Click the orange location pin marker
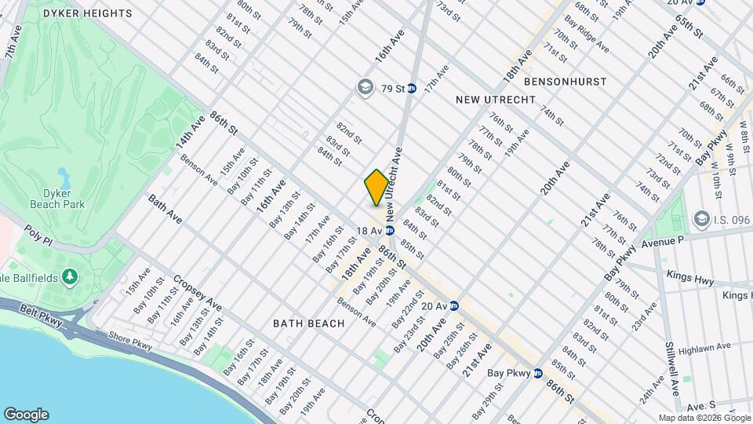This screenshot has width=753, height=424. click(x=376, y=188)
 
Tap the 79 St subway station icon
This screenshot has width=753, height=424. click(x=411, y=88)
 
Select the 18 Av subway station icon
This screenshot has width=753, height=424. click(x=389, y=231)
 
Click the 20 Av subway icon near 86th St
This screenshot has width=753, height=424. click(x=453, y=306)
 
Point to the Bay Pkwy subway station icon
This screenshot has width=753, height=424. click(x=538, y=373)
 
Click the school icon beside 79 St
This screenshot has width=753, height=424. click(x=365, y=87)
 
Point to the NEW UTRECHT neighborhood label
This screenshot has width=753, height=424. click(x=496, y=100)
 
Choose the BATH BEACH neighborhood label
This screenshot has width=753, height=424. click(x=308, y=323)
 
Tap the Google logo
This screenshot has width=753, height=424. click(x=25, y=415)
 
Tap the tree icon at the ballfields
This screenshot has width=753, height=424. click(x=70, y=276)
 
